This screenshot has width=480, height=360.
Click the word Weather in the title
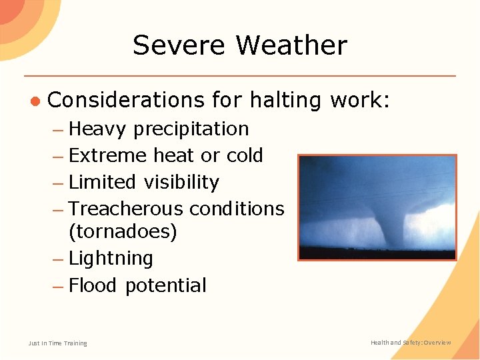(x=291, y=45)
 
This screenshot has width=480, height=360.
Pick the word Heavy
(x=97, y=129)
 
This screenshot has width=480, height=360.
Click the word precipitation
(x=191, y=129)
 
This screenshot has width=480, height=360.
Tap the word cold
(x=245, y=155)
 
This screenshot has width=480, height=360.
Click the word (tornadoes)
(x=123, y=232)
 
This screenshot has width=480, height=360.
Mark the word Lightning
(x=111, y=259)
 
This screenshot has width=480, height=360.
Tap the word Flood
(x=93, y=285)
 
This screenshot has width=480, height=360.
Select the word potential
(x=165, y=286)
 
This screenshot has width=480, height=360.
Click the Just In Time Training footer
(x=57, y=343)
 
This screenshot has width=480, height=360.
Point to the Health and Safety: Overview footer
(x=411, y=343)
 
